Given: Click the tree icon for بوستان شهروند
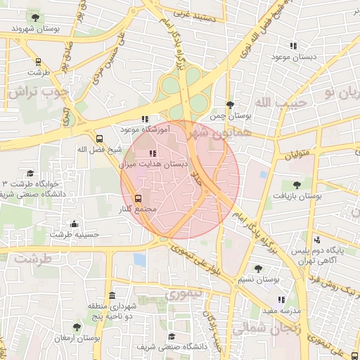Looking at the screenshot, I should pos(34,17).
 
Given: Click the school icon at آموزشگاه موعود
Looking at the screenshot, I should pos(145,119).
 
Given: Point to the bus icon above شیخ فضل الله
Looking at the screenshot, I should pos(99,139).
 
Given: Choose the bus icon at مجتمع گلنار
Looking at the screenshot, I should pos(139,198).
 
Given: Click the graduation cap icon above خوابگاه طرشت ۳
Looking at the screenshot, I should pos(30,173).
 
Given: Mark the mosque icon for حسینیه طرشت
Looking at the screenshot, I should pos(75,224).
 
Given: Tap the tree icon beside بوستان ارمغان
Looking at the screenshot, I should pos(77,327).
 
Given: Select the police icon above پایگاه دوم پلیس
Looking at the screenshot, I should pos(317,239).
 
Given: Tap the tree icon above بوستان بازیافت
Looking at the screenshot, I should pos(296,185).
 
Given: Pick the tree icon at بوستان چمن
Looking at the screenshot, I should pos(230,104).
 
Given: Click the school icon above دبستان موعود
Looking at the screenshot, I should pos(293,46).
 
